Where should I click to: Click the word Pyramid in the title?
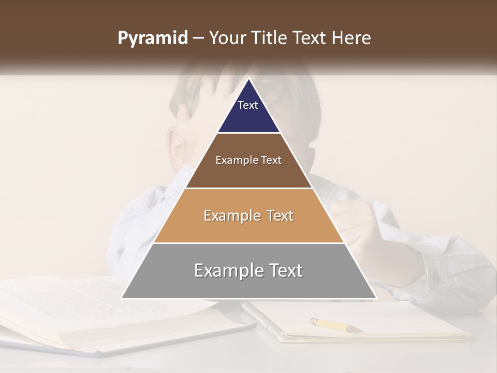[x=152, y=38]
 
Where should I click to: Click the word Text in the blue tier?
[x=248, y=105]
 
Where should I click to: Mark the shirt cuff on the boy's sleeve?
[x=440, y=269]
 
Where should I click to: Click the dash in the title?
[x=198, y=38]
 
